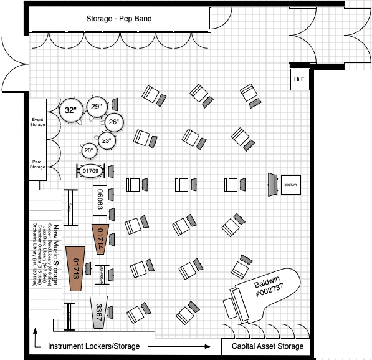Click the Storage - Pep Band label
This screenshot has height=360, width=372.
(x=118, y=19)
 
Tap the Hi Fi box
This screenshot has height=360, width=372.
(x=300, y=80)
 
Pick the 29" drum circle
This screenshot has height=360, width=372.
(x=96, y=107)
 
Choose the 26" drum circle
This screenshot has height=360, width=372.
(x=113, y=122)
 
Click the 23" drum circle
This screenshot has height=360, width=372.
(x=107, y=141)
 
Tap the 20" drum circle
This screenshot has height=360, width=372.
(x=88, y=150)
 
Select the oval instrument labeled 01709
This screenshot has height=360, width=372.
(x=91, y=170)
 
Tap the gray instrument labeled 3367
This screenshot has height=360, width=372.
(x=99, y=309)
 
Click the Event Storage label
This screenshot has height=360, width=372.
(x=38, y=122)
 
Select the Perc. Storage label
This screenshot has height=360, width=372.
(x=38, y=165)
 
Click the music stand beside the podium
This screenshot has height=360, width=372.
(x=272, y=184)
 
